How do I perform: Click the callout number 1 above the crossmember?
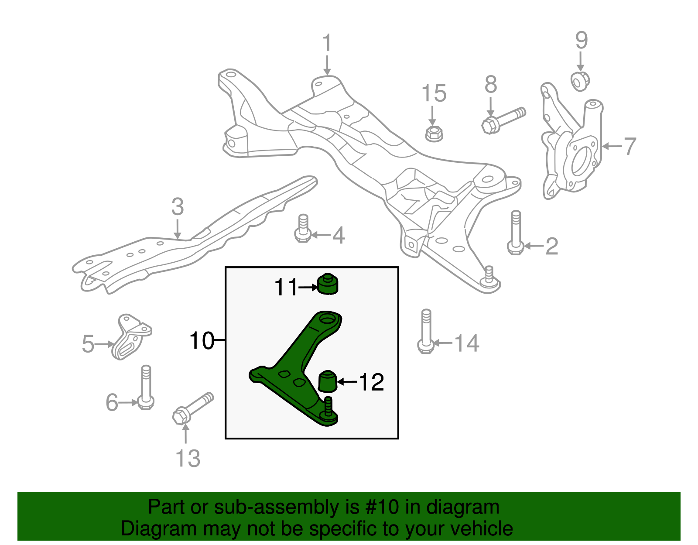coord(327,44)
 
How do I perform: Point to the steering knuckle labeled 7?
coord(571,148)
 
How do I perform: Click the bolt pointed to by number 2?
coord(516,233)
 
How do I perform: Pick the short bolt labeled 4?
coord(302,229)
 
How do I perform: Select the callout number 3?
coord(178,207)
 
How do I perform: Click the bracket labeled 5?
coord(130,337)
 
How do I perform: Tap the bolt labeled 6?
coord(146,388)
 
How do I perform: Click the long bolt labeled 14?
coord(426,332)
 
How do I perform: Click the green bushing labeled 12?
coord(327,380)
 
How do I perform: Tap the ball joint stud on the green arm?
coord(328,406)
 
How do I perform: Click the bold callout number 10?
coord(202,340)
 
